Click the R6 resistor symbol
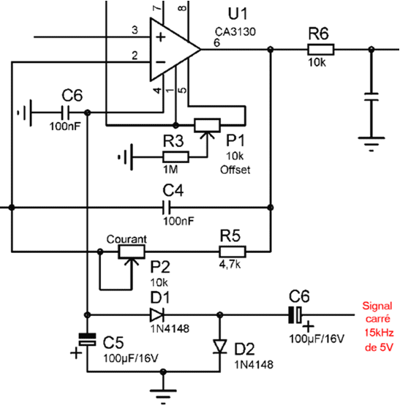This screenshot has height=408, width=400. pyautogui.click(x=320, y=50)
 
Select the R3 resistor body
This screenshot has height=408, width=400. pyautogui.click(x=176, y=157)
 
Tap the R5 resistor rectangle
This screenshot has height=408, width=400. pyautogui.click(x=232, y=252)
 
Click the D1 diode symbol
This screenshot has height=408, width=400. pyautogui.click(x=157, y=315)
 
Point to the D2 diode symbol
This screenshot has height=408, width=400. pyautogui.click(x=220, y=347)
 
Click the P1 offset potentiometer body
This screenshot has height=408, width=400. pyautogui.click(x=208, y=125)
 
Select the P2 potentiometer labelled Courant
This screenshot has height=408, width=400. pyautogui.click(x=132, y=252)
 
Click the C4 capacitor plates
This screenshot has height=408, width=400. pyautogui.click(x=166, y=208)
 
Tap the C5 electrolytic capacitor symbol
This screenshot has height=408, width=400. pyautogui.click(x=88, y=339)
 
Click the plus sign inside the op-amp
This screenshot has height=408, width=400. pyautogui.click(x=161, y=37)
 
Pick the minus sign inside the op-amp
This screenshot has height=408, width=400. pyautogui.click(x=161, y=62)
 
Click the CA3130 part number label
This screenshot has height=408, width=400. pyautogui.click(x=235, y=31)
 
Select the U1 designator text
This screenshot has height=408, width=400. pyautogui.click(x=238, y=14)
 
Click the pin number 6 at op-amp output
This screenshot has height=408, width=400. pyautogui.click(x=216, y=42)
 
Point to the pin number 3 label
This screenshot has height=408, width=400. pyautogui.click(x=135, y=30)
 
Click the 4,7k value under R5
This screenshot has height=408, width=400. pyautogui.click(x=230, y=265)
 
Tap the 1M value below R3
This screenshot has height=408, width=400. pyautogui.click(x=170, y=170)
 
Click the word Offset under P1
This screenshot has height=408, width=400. pyautogui.click(x=235, y=170)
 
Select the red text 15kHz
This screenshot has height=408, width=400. pyautogui.click(x=379, y=333)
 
